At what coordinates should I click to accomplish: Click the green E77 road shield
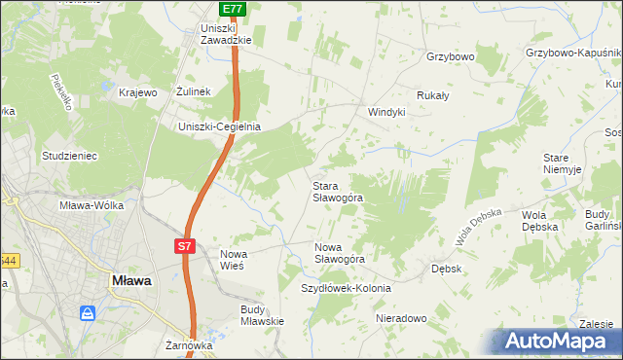click(x=232, y=9)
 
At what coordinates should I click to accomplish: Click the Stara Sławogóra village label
click(x=337, y=191)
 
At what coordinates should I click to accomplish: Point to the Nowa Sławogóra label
click(x=339, y=253)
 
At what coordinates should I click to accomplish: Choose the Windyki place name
click(x=385, y=112)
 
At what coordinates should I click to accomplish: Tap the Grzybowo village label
click(x=450, y=57)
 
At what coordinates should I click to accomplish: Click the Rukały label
click(x=432, y=95)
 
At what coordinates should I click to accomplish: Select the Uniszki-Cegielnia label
click(x=219, y=126)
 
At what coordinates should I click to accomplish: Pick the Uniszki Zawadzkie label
click(x=226, y=34)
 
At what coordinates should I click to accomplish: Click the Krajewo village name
click(x=138, y=92)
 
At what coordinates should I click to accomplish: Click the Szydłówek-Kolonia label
click(x=346, y=289)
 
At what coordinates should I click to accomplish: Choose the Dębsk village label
click(x=446, y=267)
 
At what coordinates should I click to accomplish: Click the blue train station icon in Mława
click(x=89, y=313)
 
